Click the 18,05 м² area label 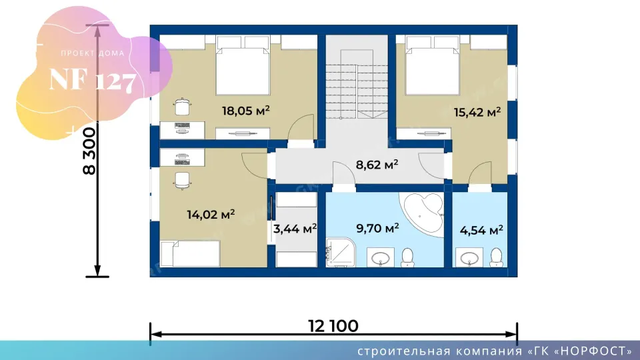pyautogui.click(x=246, y=111)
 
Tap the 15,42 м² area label pyautogui.click(x=477, y=112)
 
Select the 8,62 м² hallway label pyautogui.click(x=377, y=165)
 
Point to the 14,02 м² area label pyautogui.click(x=211, y=214)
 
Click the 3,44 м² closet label pyautogui.click(x=295, y=229)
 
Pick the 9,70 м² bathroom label pyautogui.click(x=377, y=228)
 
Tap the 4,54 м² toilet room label pyautogui.click(x=481, y=230)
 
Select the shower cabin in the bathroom pyautogui.click(x=341, y=252)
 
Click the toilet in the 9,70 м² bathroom pyautogui.click(x=408, y=257)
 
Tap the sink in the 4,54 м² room pyautogui.click(x=469, y=257)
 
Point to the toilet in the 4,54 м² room pyautogui.click(x=496, y=257)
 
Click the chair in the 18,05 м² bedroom pyautogui.click(x=182, y=107)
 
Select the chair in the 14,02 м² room pyautogui.click(x=182, y=181)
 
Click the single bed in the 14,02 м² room pyautogui.click(x=190, y=254)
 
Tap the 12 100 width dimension pyautogui.click(x=333, y=326)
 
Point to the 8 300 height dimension pyautogui.click(x=89, y=151)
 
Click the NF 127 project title pyautogui.click(x=92, y=80)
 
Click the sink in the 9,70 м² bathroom pyautogui.click(x=381, y=257)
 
